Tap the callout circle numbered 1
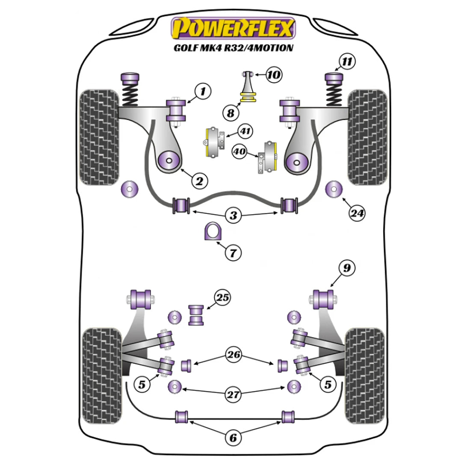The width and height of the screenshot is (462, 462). [x=204, y=91]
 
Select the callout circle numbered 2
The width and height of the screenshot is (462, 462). [x=199, y=182]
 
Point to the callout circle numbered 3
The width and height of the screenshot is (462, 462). [x=233, y=216]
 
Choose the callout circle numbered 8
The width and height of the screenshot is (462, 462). [x=231, y=113]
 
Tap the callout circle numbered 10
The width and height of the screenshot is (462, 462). [x=274, y=75]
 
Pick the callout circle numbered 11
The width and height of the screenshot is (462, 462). [x=347, y=62]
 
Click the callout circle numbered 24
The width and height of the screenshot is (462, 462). [x=357, y=213]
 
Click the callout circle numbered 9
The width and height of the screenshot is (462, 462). [x=346, y=268]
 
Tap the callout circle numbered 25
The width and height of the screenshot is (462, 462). [x=222, y=298]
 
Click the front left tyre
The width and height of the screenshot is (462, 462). [x=99, y=137]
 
